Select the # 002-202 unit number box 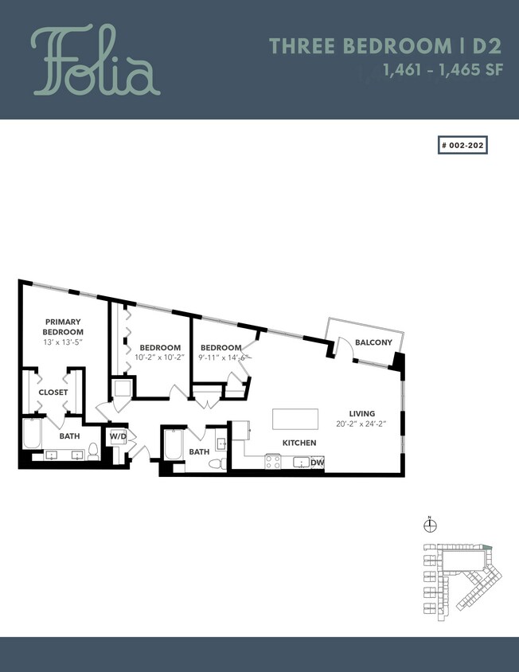point(462,146)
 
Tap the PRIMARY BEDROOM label point(63,326)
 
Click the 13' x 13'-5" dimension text point(63,342)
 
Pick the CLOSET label point(53,393)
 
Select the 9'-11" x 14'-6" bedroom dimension point(224,358)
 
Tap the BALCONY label point(373,342)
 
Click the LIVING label point(361,413)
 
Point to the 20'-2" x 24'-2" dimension point(361,424)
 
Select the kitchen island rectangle point(295,419)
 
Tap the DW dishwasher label point(317,463)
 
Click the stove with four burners point(273,462)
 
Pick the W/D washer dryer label point(117,436)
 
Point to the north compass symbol point(431,525)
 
